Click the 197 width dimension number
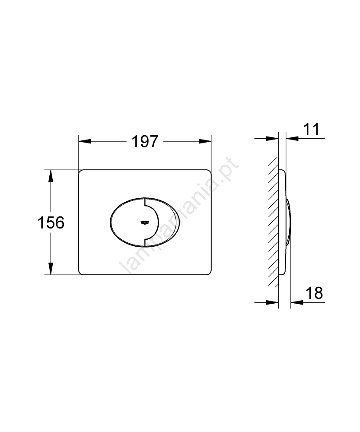point(145,142)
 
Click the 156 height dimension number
point(51,222)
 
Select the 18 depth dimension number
point(315,293)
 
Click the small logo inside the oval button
point(145,222)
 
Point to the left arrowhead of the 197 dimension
point(85,141)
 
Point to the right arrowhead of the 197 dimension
point(205,141)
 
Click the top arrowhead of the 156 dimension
point(51,176)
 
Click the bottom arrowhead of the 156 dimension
point(51,269)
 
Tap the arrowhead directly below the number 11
point(292,138)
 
